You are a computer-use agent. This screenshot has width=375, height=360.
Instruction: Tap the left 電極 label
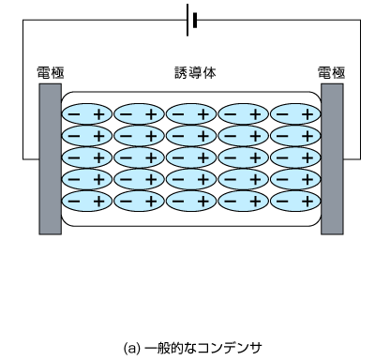(x=50, y=72)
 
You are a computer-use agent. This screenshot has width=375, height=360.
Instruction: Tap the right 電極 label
(x=332, y=72)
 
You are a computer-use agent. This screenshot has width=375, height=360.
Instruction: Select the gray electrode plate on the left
(x=50, y=158)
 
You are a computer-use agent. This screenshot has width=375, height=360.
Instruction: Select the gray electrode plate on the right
(x=332, y=158)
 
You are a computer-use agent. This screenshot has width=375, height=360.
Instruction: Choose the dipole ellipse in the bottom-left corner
(x=88, y=201)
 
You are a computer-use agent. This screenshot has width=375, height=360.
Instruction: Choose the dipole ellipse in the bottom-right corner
(x=295, y=201)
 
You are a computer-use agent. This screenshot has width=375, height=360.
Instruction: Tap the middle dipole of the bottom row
(x=191, y=201)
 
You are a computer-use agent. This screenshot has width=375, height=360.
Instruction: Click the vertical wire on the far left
(x=24, y=94)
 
